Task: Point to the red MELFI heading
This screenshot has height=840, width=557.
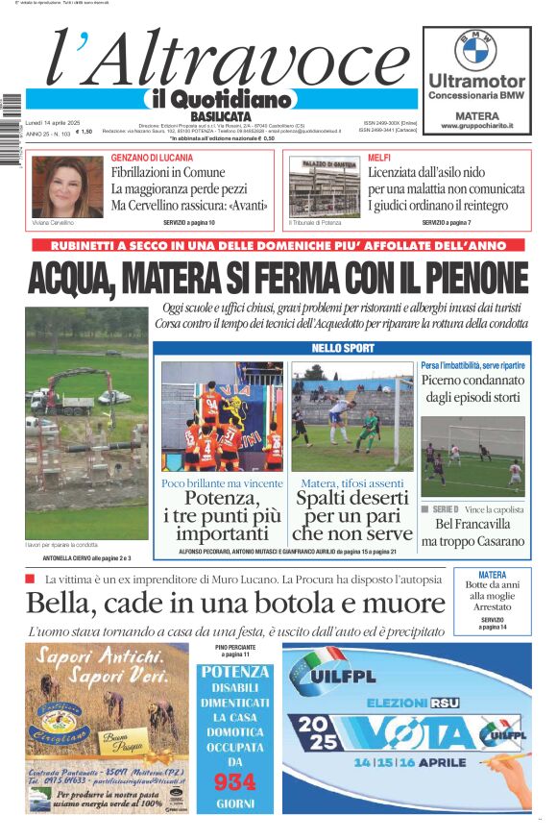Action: pos(379,157)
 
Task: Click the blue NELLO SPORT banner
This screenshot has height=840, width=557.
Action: pos(344,348)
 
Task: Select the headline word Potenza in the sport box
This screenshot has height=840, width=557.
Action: pos(222,498)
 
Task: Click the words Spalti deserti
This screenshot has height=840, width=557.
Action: pos(351,498)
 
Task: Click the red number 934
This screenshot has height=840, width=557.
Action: pos(235,781)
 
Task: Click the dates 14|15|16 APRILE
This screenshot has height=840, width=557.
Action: pos(402,762)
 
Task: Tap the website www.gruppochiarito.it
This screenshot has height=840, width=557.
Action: pos(476,126)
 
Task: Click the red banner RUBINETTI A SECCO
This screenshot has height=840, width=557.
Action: pos(278,246)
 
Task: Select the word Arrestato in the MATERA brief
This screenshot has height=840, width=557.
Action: pos(492,607)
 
